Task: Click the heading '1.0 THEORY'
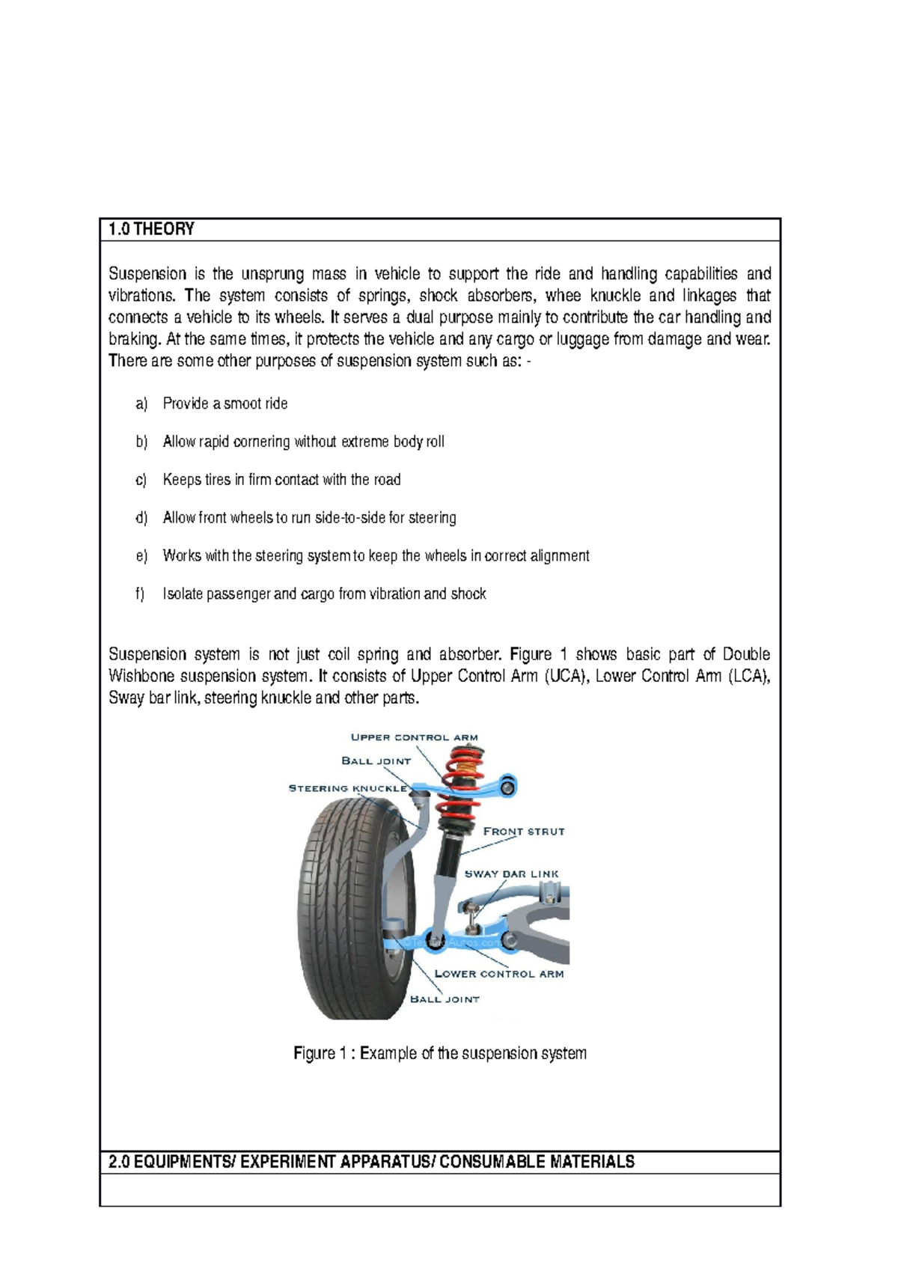(x=151, y=229)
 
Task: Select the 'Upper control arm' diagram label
(x=414, y=737)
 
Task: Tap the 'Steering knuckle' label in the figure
(x=348, y=788)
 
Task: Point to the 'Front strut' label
(x=524, y=832)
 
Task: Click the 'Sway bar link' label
(x=511, y=874)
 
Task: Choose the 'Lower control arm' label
(x=499, y=974)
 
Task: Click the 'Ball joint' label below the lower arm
(x=445, y=999)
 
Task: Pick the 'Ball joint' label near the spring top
(x=376, y=761)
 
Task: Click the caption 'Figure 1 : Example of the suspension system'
(x=440, y=1053)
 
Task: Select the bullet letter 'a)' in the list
(x=141, y=404)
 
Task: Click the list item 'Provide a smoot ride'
(x=225, y=404)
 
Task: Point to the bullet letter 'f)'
(x=140, y=594)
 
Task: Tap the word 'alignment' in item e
(x=560, y=556)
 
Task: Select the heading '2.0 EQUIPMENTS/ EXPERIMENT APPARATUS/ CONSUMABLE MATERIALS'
(x=371, y=1162)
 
